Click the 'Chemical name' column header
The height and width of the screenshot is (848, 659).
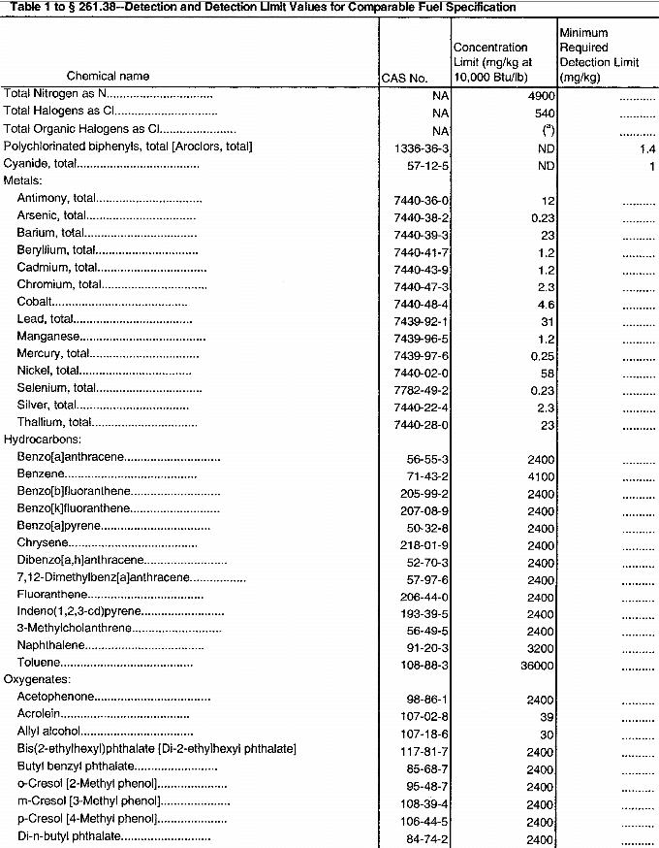click(x=106, y=76)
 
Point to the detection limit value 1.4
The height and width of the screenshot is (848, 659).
click(x=647, y=147)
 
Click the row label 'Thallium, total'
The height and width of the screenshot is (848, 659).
click(x=54, y=423)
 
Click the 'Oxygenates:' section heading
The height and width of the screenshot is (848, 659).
click(x=36, y=680)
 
